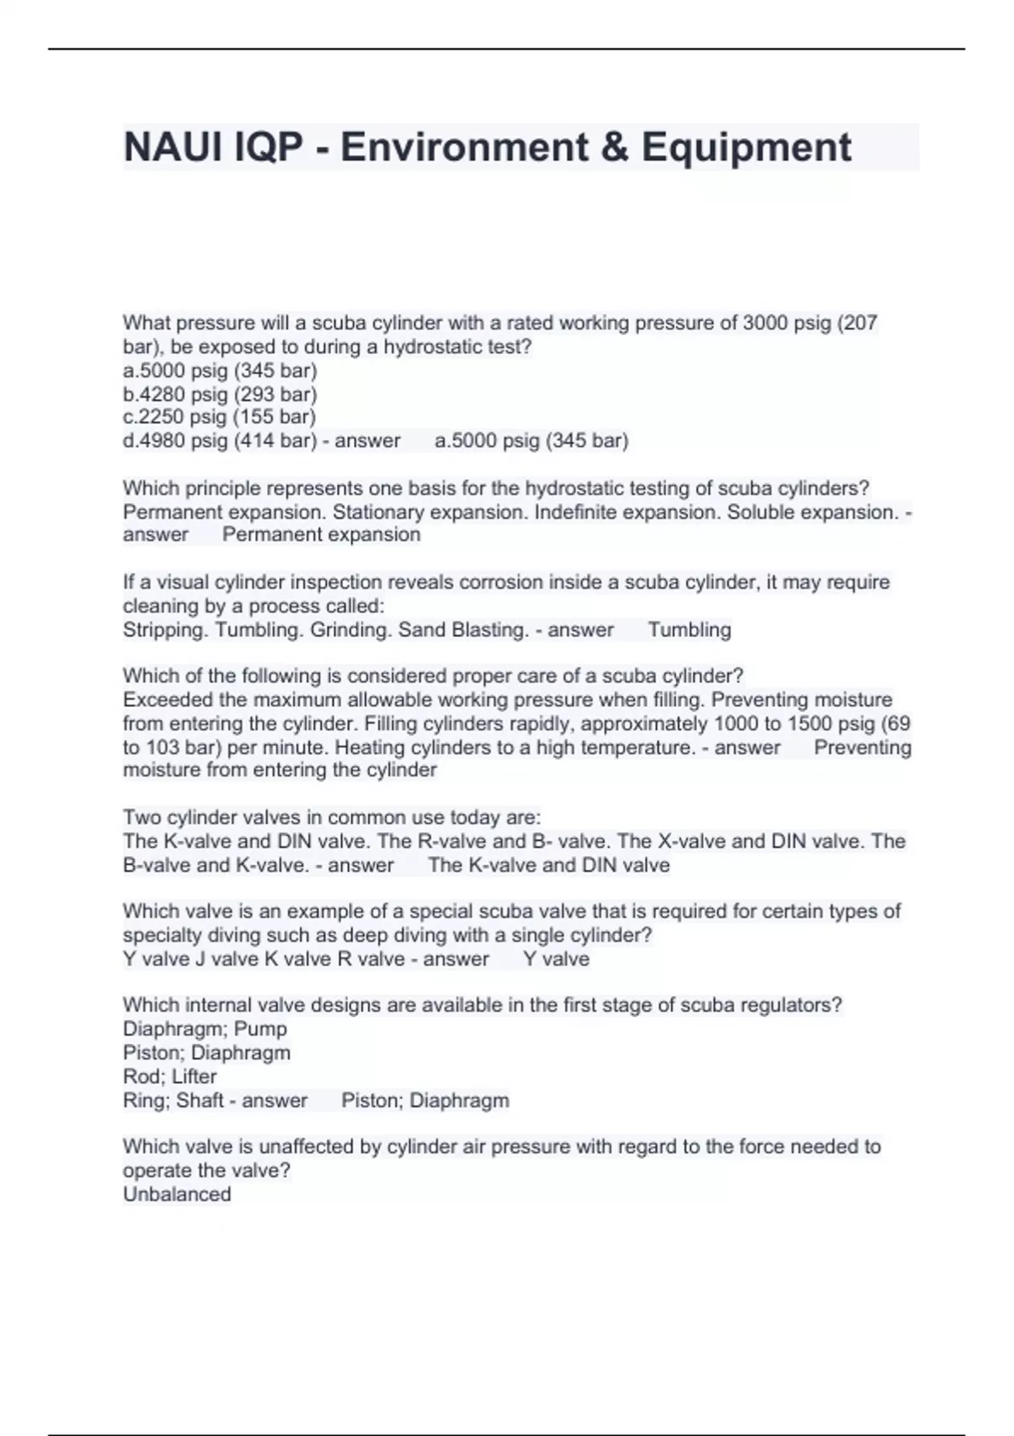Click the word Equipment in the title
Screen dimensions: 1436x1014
746,147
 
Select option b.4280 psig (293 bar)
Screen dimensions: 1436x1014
220,394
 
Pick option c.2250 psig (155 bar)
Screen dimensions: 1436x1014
219,416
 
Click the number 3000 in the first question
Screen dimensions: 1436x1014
765,323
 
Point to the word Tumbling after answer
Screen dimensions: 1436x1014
690,629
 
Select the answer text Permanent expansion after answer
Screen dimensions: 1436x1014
321,535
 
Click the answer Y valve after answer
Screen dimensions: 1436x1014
556,959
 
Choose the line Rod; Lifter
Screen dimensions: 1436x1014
170,1076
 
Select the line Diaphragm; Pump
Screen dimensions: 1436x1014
205,1029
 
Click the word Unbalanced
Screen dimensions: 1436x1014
177,1194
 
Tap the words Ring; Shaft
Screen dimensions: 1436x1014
172,1100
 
